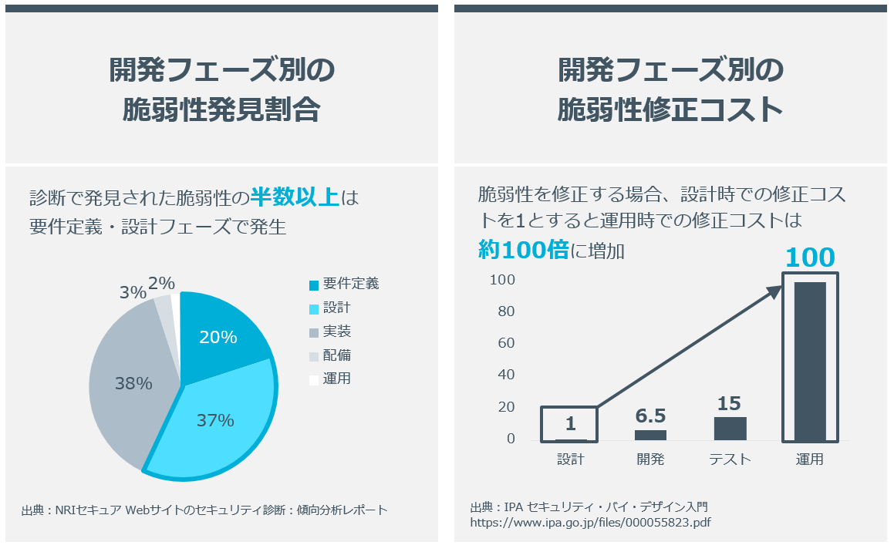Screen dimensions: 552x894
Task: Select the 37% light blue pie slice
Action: point(216,420)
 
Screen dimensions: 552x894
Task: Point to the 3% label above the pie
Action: point(133,293)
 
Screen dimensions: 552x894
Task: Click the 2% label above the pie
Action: point(161,284)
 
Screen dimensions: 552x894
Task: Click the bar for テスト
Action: point(730,428)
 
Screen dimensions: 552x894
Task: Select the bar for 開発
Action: point(650,435)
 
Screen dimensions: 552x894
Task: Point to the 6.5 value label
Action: point(650,416)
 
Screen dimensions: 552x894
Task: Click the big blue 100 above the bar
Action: point(810,257)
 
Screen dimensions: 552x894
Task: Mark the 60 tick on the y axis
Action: point(505,343)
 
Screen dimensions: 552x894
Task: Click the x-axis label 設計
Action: point(571,459)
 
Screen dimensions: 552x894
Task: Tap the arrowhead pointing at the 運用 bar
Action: point(775,290)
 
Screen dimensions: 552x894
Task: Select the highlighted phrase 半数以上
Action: point(295,197)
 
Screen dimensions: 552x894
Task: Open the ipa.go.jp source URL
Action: point(590,522)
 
